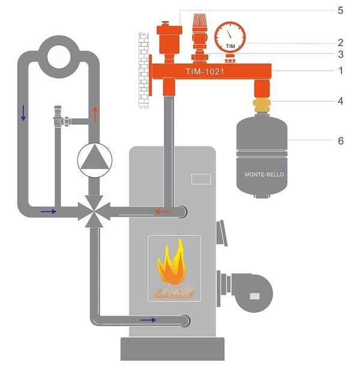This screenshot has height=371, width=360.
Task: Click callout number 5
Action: pyautogui.click(x=340, y=10)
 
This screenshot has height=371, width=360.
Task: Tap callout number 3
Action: pyautogui.click(x=340, y=54)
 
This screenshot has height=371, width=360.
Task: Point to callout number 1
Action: pyautogui.click(x=340, y=70)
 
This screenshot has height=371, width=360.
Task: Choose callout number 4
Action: pyautogui.click(x=340, y=101)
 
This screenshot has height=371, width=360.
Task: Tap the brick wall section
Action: pyautogui.click(x=143, y=66)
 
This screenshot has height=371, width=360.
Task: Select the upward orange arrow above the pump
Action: pyautogui.click(x=94, y=112)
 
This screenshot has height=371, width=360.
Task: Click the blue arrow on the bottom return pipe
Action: pyautogui.click(x=148, y=319)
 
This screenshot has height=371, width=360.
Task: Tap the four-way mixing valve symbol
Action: pyautogui.click(x=94, y=211)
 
